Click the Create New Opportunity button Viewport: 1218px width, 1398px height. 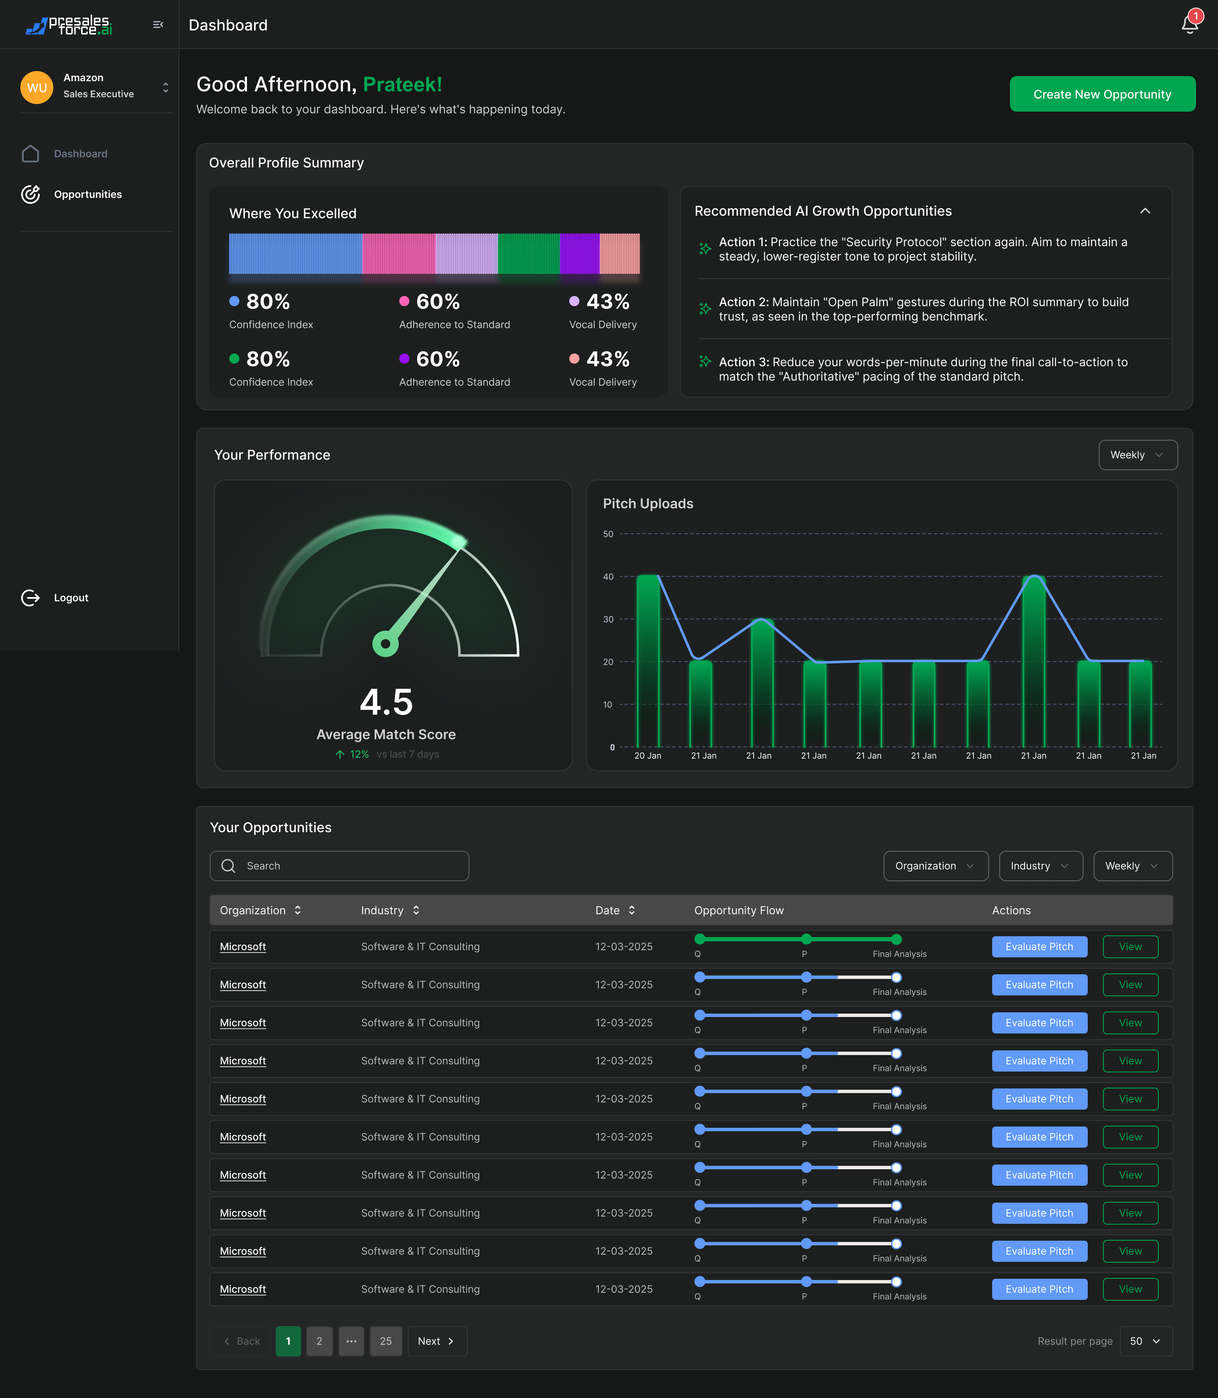1102,94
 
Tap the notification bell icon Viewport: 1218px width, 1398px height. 1189,25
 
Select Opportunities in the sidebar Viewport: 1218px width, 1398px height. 88,195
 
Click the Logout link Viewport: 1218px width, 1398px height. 71,598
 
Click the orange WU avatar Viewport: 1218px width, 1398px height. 37,88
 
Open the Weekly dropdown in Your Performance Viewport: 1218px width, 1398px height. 1137,455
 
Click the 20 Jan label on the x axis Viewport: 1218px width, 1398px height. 647,755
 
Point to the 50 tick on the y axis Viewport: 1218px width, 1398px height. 608,534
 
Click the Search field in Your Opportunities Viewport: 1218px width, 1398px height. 340,866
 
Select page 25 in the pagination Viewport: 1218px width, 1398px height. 385,1341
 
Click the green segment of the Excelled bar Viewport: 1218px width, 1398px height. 528,253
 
